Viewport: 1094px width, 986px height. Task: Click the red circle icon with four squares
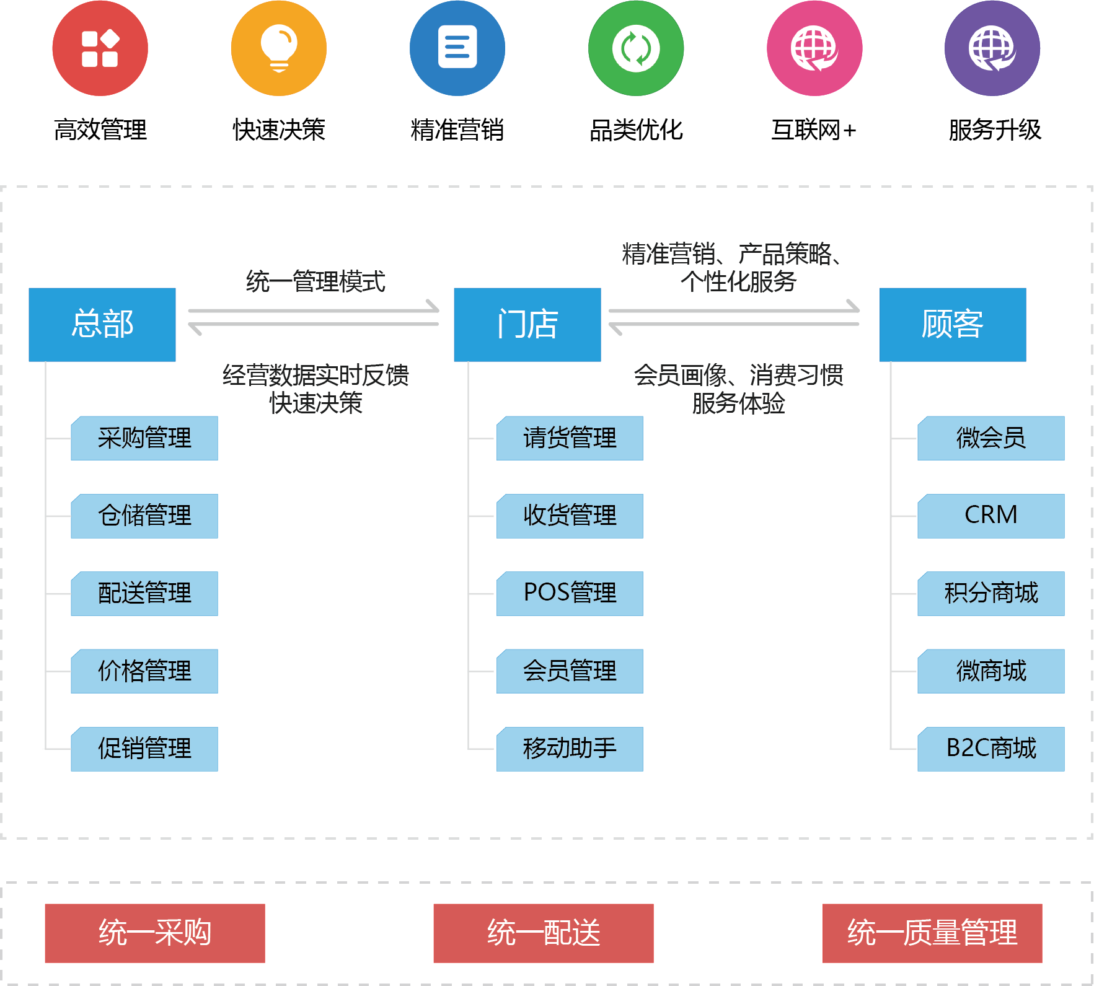pos(100,48)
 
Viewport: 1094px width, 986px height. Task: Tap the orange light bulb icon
pos(279,48)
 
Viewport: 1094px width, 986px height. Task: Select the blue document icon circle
pos(457,48)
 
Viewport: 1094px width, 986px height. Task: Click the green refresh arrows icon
pos(636,48)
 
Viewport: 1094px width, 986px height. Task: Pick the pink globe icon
pos(814,48)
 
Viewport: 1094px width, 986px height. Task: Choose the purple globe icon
pos(992,48)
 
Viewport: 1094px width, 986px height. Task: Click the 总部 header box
pos(102,324)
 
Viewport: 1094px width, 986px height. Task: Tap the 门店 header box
pos(527,324)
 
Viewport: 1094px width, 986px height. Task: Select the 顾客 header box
pos(953,324)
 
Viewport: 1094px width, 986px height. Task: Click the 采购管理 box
pos(144,438)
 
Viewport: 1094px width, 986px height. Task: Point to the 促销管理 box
pos(144,749)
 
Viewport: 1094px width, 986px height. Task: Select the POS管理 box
pos(570,593)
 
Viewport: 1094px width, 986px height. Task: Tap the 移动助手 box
pos(570,749)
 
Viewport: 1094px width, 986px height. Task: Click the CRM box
pos(990,516)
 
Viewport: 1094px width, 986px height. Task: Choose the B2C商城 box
pos(990,749)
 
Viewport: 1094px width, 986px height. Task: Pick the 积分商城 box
pos(990,593)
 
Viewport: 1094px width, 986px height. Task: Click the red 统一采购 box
pos(155,933)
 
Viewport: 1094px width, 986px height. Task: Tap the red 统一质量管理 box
pos(932,933)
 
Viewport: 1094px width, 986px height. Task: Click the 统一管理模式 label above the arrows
pos(315,282)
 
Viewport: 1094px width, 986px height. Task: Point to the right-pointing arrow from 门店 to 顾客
pos(734,309)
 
